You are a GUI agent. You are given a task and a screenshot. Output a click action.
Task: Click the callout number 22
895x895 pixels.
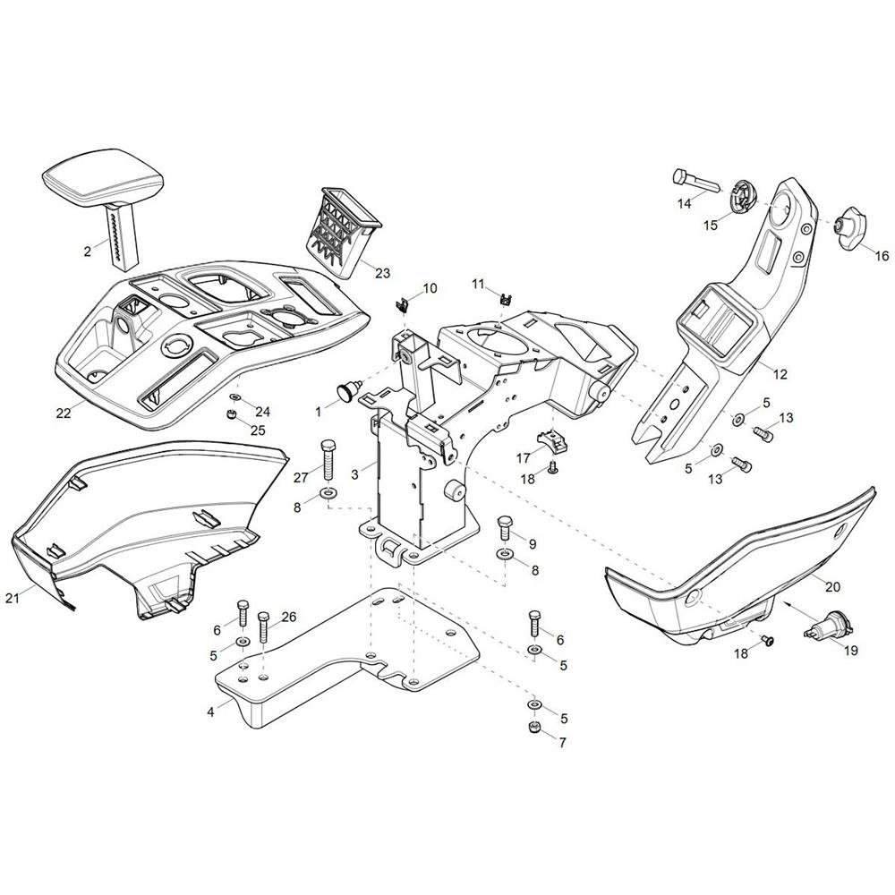click(x=64, y=413)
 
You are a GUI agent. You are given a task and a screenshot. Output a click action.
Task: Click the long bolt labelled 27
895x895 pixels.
click(x=329, y=461)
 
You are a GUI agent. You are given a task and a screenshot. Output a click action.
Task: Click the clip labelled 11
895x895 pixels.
click(x=505, y=299)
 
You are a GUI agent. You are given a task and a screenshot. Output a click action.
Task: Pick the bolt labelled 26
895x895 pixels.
click(x=263, y=627)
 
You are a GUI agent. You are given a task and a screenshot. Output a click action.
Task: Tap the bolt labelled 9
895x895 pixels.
click(x=505, y=528)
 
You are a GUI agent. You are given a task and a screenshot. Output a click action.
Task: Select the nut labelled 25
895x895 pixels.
click(x=233, y=413)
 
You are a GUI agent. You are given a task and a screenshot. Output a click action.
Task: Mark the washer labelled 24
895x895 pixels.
click(x=234, y=396)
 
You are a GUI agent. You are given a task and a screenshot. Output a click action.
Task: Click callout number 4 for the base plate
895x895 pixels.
click(x=210, y=712)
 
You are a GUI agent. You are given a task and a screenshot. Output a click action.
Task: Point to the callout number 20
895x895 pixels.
click(x=832, y=586)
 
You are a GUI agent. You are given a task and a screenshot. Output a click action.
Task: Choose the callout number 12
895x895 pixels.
click(x=780, y=374)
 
